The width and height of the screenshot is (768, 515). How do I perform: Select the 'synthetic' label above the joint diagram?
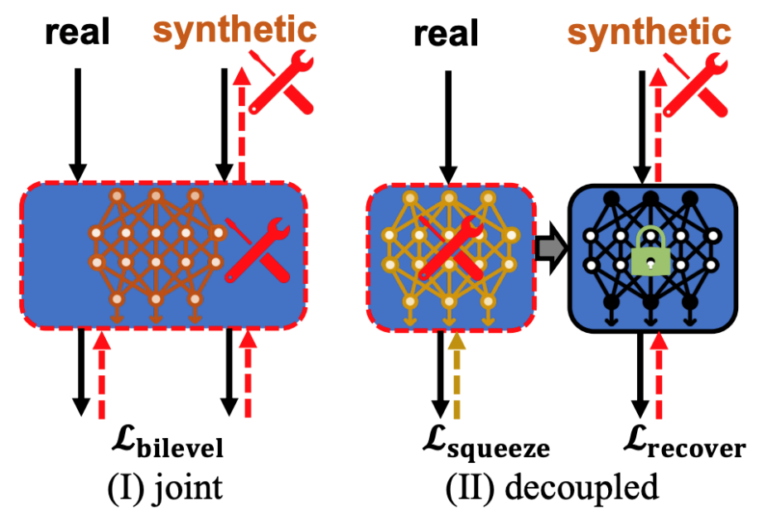tap(235, 30)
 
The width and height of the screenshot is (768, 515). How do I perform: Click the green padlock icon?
tap(652, 253)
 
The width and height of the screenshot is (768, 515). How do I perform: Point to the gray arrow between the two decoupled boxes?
tap(549, 248)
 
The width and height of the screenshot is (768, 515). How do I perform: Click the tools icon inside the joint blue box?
tap(257, 249)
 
